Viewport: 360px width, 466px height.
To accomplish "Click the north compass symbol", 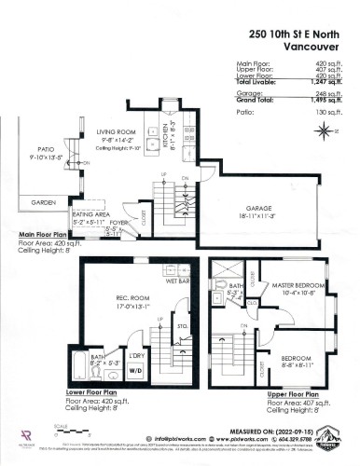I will pos(323,132).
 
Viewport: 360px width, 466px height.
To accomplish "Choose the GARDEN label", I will pos(44,201).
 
